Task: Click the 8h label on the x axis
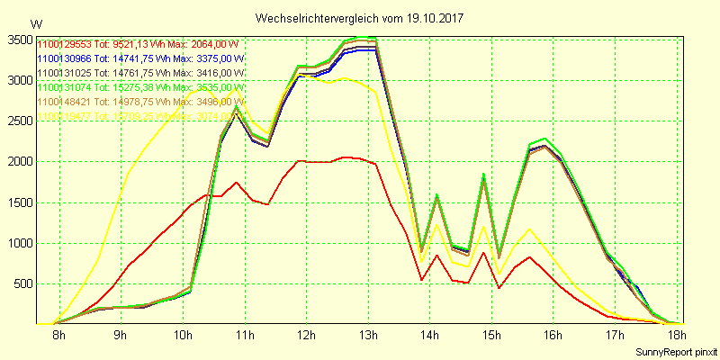click(x=59, y=335)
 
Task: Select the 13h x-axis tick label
click(x=367, y=335)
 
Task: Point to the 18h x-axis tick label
click(x=676, y=335)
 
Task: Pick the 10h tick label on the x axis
click(x=183, y=335)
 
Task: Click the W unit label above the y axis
click(x=35, y=22)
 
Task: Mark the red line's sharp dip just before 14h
click(x=422, y=280)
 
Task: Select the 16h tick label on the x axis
click(x=553, y=335)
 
